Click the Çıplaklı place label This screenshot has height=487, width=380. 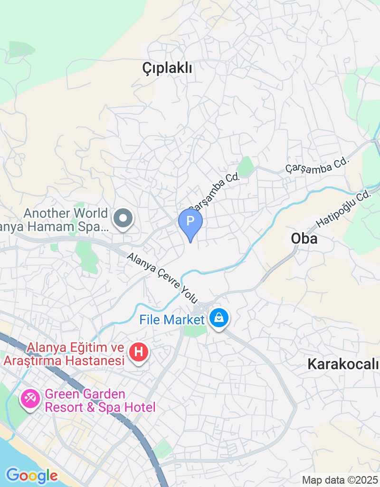point(167,68)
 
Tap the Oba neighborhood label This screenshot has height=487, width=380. point(304,238)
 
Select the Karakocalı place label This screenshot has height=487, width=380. point(343,365)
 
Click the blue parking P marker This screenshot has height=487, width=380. point(190,222)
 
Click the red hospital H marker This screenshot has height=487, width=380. point(139,352)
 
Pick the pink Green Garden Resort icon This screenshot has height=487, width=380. point(30,398)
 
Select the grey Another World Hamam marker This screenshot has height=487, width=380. point(123,219)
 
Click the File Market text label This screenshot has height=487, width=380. point(171,320)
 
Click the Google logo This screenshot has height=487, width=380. point(32,475)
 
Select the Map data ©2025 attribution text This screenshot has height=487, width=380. point(340,480)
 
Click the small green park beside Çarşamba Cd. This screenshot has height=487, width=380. point(246,166)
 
